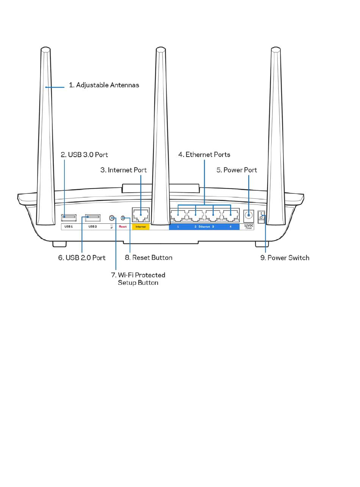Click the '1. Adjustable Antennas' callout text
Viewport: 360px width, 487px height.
(x=103, y=85)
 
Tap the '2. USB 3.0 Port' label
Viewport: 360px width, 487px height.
(x=84, y=155)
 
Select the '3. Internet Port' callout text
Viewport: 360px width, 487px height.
(x=123, y=170)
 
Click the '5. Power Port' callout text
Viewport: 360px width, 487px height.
(x=236, y=170)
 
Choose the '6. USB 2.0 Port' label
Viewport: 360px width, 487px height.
(x=81, y=258)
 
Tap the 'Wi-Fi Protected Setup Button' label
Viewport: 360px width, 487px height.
(x=138, y=279)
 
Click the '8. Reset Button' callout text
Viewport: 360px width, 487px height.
(x=148, y=258)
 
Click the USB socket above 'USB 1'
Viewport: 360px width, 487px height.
(x=69, y=218)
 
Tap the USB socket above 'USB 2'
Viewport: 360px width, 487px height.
(x=93, y=218)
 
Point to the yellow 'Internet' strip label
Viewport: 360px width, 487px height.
(x=141, y=226)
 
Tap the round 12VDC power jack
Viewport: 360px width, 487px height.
(x=249, y=215)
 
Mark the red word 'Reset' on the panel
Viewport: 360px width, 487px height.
(x=123, y=226)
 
